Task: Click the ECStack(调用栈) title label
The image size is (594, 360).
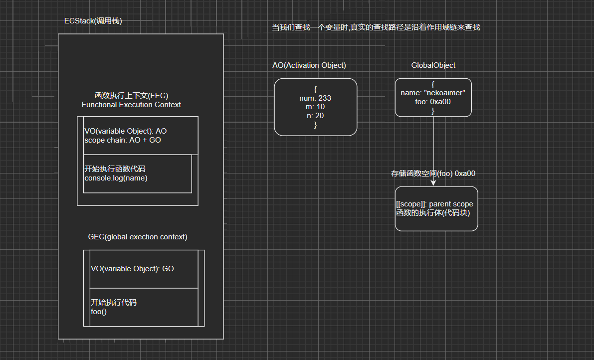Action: click(x=93, y=21)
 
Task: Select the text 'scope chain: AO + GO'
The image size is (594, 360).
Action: click(x=123, y=140)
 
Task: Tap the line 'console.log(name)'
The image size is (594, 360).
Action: click(x=116, y=178)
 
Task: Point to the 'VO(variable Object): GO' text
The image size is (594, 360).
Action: click(x=132, y=268)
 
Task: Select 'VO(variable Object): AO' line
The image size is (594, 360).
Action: click(x=126, y=131)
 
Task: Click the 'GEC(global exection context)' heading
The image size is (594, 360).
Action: click(x=138, y=237)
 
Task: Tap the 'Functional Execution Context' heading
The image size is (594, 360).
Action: click(x=131, y=105)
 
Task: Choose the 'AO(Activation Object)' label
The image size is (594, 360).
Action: click(x=309, y=65)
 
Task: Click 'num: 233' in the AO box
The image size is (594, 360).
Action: click(x=315, y=98)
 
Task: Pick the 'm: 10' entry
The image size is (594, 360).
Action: click(x=315, y=107)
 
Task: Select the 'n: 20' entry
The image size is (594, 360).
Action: click(x=315, y=116)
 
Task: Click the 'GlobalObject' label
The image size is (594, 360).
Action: click(x=433, y=65)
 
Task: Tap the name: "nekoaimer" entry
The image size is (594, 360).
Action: click(x=433, y=93)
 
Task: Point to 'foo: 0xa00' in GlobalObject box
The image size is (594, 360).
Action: click(x=433, y=102)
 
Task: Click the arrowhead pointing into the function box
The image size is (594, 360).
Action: click(x=433, y=182)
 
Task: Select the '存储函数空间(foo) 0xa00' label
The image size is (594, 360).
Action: click(x=433, y=174)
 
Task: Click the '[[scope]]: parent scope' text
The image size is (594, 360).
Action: click(x=434, y=204)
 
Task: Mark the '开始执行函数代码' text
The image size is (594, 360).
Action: click(x=115, y=169)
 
